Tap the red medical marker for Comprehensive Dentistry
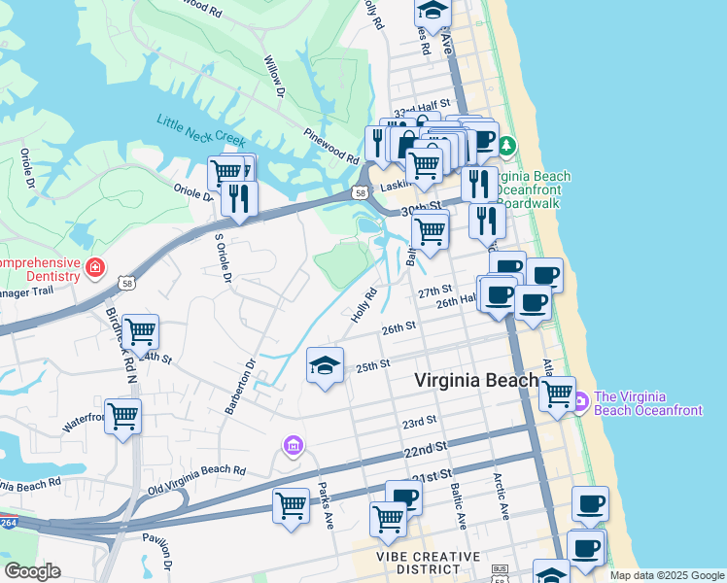pyautogui.click(x=95, y=267)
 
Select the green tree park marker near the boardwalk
pyautogui.click(x=507, y=147)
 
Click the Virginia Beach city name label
pyautogui.click(x=477, y=381)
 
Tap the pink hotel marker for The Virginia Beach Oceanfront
pyautogui.click(x=580, y=400)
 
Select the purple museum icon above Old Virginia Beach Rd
pyautogui.click(x=293, y=446)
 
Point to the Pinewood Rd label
pyautogui.click(x=331, y=147)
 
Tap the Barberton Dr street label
pyautogui.click(x=240, y=387)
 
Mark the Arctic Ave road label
pyautogui.click(x=502, y=496)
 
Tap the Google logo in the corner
pyautogui.click(x=32, y=571)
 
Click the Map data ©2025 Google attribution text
pyautogui.click(x=666, y=575)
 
